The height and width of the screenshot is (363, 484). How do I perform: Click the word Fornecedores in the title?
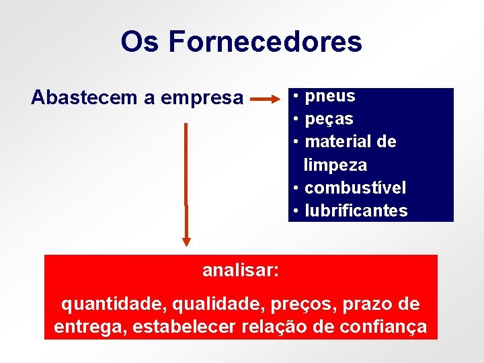(265, 42)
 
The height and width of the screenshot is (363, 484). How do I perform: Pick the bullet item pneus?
(329, 96)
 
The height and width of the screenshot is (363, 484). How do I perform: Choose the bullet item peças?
(329, 119)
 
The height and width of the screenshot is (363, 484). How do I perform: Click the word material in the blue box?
(335, 142)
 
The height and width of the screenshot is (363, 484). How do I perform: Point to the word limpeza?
(335, 165)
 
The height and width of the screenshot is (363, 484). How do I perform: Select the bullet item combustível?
(355, 188)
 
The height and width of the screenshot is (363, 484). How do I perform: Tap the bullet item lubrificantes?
(356, 210)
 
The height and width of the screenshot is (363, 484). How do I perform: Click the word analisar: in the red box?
(241, 270)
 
